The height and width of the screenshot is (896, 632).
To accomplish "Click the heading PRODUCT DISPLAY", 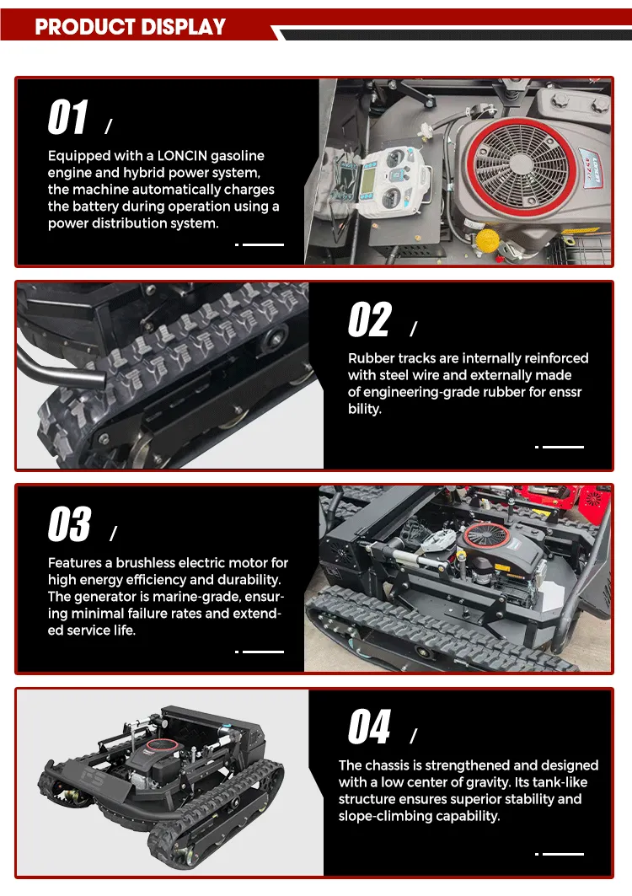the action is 131,27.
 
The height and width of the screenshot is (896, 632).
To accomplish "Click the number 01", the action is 68,117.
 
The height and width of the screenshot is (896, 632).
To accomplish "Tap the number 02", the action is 370,320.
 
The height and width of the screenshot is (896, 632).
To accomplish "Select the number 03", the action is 69,523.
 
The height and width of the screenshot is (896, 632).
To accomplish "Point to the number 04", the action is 369,727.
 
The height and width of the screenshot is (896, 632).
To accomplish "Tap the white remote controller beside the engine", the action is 392,179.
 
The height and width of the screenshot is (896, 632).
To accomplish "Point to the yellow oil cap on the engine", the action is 487,240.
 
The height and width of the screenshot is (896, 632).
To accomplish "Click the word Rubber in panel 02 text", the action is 371,358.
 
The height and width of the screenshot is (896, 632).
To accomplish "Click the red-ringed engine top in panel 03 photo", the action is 486,536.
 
